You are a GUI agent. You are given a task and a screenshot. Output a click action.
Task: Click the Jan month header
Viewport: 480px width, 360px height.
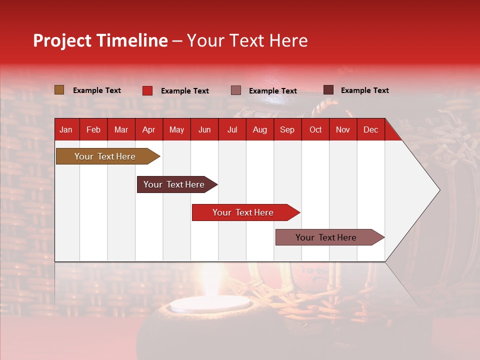(x=66, y=129)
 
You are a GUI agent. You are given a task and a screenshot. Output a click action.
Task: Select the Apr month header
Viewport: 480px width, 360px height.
(x=148, y=129)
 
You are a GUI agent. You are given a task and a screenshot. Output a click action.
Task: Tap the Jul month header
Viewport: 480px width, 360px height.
(x=232, y=129)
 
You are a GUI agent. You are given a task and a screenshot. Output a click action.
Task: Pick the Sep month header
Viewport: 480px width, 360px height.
(x=287, y=129)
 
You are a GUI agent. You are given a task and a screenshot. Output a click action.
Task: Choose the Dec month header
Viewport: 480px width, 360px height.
(x=370, y=129)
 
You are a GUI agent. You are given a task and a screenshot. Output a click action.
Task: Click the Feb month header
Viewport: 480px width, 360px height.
(x=93, y=129)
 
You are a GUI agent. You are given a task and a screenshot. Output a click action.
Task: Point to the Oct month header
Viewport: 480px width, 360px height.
(x=315, y=129)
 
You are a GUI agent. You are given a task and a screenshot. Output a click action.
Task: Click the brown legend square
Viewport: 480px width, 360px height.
(x=59, y=90)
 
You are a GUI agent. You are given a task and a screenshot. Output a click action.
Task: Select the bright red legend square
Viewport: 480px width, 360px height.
(x=147, y=90)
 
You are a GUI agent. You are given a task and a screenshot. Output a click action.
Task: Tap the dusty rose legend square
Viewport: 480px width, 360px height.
(x=236, y=90)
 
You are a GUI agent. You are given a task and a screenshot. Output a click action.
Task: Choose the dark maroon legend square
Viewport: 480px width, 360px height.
(x=328, y=90)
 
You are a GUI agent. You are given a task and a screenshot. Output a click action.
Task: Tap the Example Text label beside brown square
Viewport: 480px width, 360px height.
(x=97, y=90)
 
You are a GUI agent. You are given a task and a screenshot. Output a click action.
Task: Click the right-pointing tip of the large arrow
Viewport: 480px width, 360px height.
(x=437, y=190)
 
